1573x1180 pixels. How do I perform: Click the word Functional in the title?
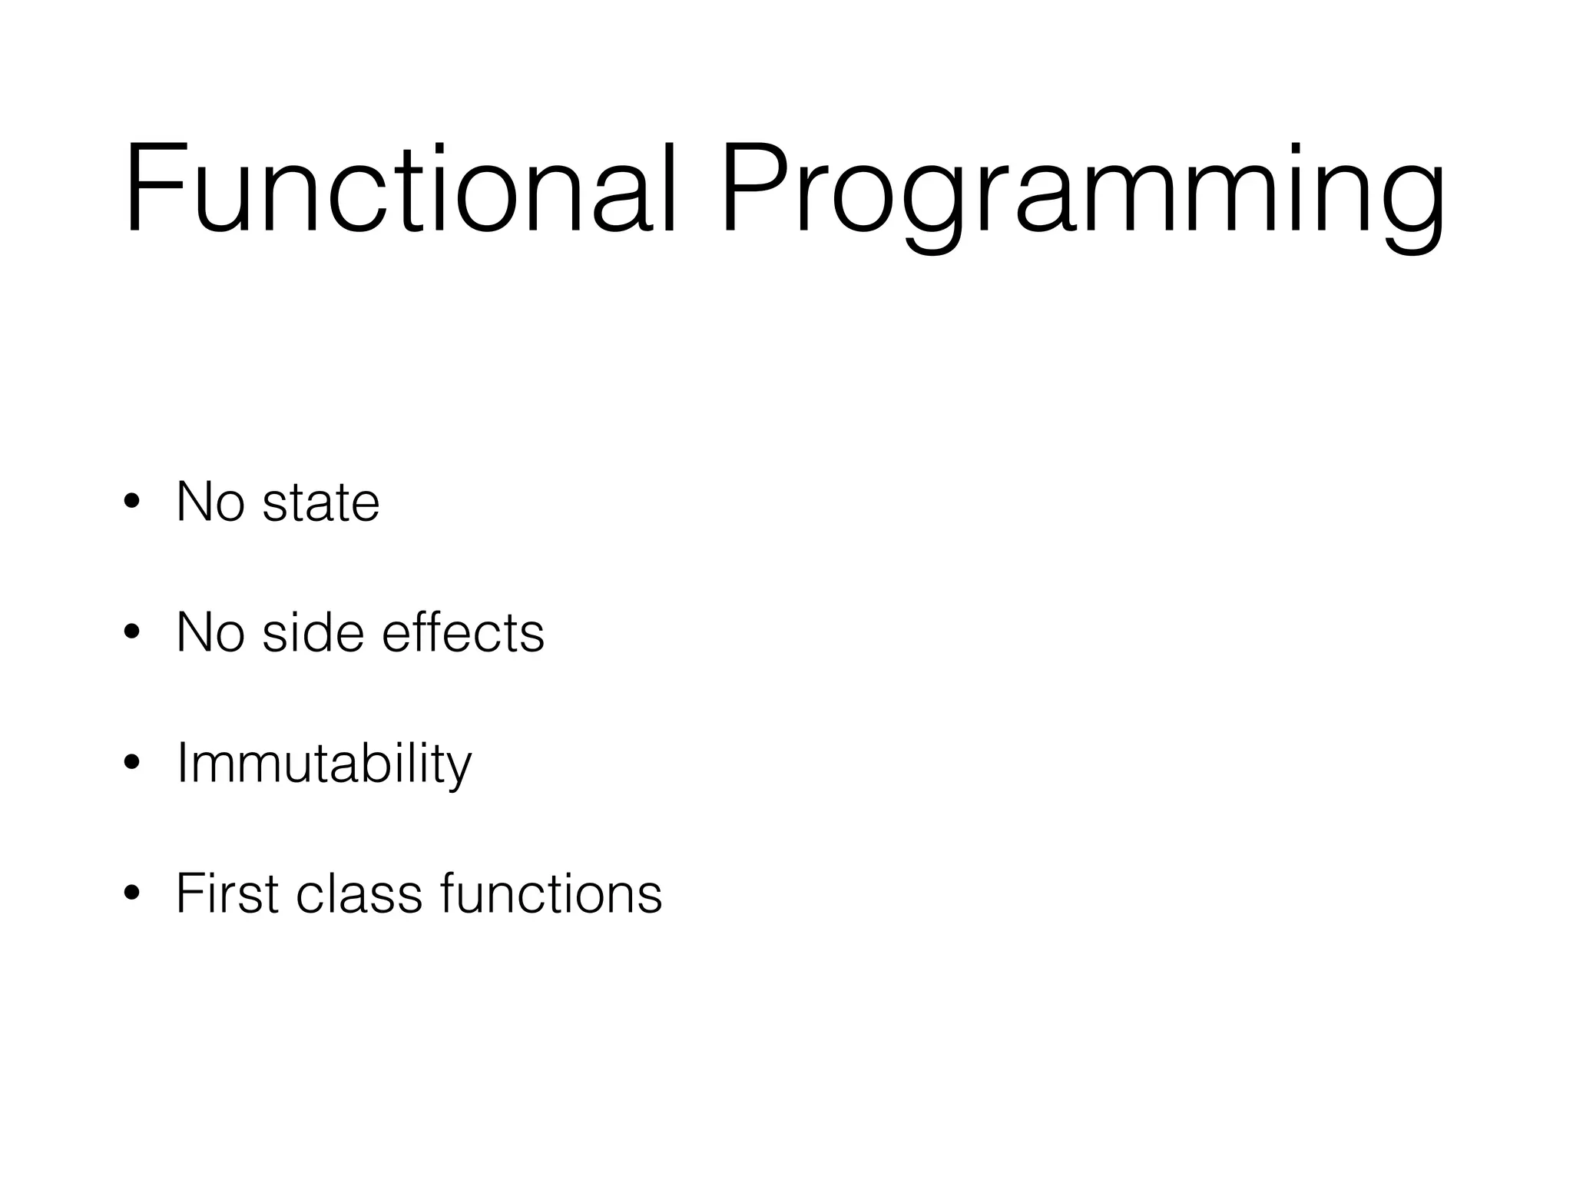point(399,188)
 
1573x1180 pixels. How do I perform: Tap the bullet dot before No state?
point(131,502)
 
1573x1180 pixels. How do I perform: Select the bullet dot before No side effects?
point(131,633)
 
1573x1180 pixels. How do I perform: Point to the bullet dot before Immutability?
point(131,764)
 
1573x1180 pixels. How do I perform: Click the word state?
point(321,504)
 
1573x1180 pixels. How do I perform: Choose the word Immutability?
point(323,764)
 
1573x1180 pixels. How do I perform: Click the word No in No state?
point(210,502)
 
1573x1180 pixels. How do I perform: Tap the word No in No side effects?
point(210,633)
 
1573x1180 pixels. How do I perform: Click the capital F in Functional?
point(150,188)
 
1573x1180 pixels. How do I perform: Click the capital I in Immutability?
point(182,764)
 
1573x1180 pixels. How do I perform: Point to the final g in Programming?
point(1413,204)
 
